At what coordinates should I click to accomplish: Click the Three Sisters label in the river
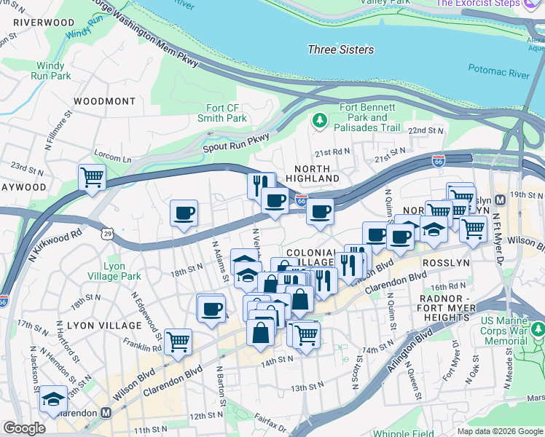pos(340,50)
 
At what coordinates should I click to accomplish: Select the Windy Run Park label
pos(51,71)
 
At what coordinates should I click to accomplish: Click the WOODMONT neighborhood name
pos(104,101)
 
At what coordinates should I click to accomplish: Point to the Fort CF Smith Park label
pos(222,113)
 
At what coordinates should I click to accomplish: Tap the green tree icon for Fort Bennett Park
pos(318,119)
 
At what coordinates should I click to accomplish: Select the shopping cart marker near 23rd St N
pos(92,177)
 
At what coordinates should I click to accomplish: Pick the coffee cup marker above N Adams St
pos(184,213)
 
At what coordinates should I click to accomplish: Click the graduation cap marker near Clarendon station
pos(53,398)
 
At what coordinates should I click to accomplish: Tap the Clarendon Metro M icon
pos(106,412)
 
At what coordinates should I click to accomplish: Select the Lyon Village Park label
pos(122,271)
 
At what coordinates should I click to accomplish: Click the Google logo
pos(24,428)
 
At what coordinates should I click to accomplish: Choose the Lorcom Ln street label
pos(112,157)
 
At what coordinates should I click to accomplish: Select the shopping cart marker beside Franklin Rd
pos(178,341)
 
